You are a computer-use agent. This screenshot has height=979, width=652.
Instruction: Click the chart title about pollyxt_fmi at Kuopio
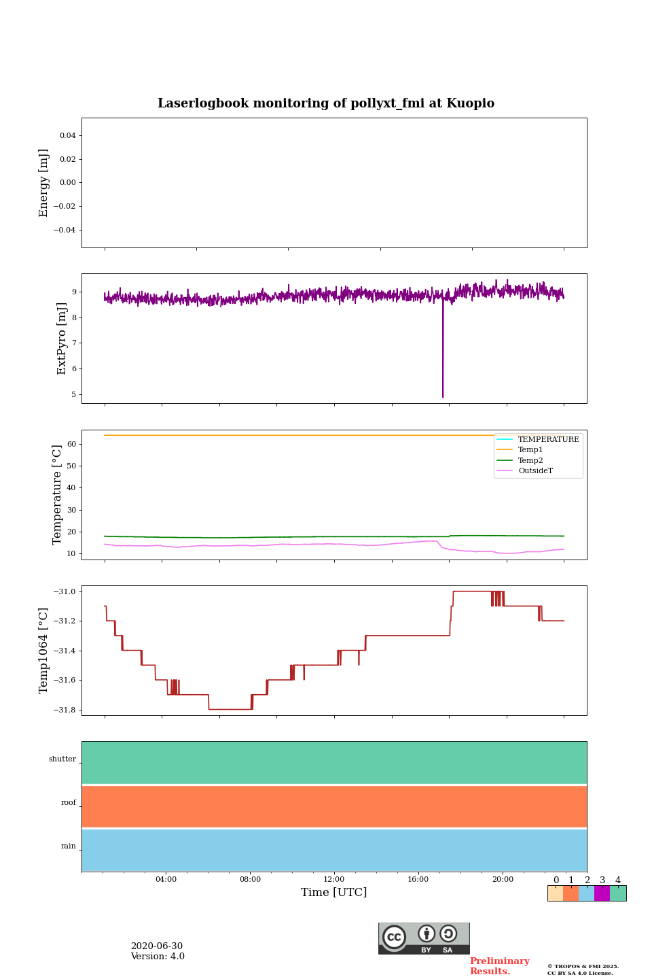326,103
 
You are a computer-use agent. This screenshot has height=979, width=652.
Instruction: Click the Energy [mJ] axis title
44,183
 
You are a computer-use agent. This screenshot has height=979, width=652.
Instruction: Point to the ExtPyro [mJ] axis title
62,339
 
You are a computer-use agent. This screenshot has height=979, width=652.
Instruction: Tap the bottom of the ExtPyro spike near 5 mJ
443,396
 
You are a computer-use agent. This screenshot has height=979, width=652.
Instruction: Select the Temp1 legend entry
530,450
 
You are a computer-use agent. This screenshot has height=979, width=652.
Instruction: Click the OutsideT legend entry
535,471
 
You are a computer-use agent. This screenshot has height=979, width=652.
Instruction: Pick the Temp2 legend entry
530,460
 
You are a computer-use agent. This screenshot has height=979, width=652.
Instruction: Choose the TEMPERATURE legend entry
548,440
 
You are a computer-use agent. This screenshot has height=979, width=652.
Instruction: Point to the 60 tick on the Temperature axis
71,444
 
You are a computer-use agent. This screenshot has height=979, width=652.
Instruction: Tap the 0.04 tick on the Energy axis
67,136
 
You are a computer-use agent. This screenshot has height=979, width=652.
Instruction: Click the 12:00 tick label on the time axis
334,880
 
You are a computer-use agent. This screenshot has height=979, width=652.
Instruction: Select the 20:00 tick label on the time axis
503,880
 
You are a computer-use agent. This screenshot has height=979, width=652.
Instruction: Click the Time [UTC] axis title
334,893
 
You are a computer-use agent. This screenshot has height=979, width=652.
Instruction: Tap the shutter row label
62,759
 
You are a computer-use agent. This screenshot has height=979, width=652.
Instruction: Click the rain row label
69,846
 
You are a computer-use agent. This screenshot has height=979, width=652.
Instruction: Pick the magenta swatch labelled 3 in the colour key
602,893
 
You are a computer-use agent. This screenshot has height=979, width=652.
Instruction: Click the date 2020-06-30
157,946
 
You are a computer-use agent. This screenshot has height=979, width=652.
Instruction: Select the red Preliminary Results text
499,966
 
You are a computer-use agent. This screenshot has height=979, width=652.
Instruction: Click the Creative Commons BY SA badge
424,938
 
